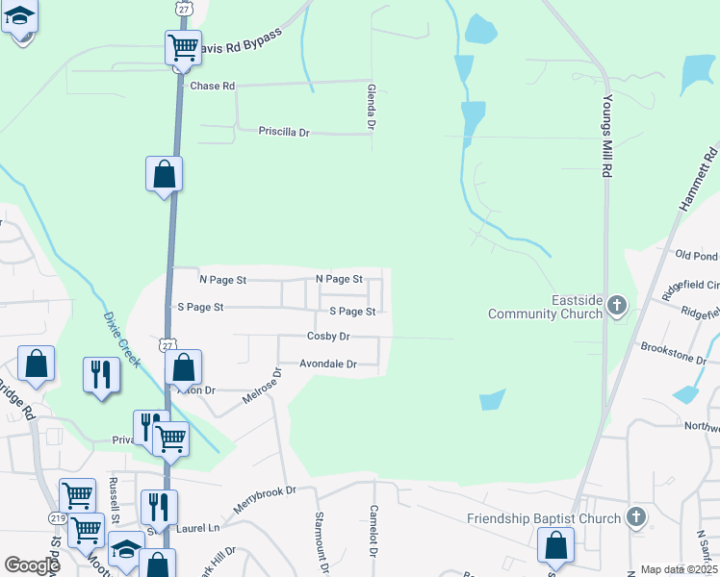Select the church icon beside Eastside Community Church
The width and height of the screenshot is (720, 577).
(618, 307)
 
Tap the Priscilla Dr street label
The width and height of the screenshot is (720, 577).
(284, 132)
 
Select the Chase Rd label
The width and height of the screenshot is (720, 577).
(213, 86)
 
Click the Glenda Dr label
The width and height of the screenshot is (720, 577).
(371, 106)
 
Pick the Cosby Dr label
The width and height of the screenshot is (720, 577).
(328, 337)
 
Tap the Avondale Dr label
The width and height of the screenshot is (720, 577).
(327, 364)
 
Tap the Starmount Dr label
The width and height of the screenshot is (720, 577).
(321, 544)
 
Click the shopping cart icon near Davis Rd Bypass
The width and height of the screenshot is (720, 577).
(183, 46)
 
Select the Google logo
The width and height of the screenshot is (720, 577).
(32, 565)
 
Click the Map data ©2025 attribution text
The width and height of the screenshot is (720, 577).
(678, 569)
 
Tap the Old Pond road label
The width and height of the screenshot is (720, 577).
(697, 255)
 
